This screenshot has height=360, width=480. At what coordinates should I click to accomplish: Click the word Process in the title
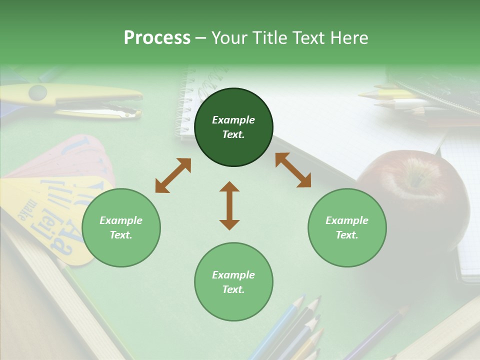click(157, 38)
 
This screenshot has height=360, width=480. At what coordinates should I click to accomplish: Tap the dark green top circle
click(233, 127)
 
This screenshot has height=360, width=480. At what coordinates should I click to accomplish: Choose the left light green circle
click(121, 227)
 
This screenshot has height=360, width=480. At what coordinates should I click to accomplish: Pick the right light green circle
click(347, 227)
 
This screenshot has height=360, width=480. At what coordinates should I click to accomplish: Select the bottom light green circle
click(233, 282)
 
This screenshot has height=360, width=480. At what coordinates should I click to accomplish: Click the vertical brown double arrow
click(229, 205)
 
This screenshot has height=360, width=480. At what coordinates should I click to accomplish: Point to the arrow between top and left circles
click(173, 175)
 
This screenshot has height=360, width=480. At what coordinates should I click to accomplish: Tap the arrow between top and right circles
click(293, 170)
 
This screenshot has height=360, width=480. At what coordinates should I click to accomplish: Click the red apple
click(415, 195)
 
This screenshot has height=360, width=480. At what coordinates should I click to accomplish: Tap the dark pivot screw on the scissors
click(37, 92)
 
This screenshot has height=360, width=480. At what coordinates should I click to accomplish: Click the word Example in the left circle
click(121, 220)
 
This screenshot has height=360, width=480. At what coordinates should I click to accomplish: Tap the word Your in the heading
click(228, 38)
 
